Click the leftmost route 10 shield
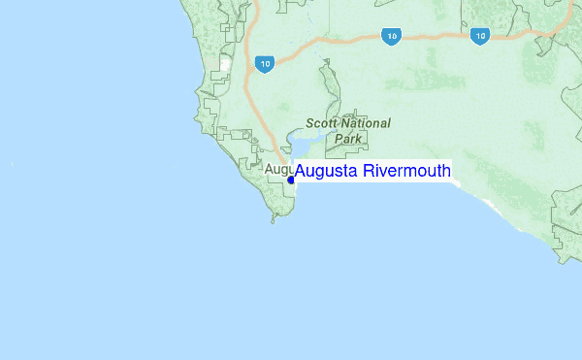(x=264, y=64)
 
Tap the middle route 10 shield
(x=391, y=36)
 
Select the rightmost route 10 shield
(x=479, y=36)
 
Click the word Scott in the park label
(x=323, y=123)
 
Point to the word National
(x=368, y=123)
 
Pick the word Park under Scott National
(x=347, y=139)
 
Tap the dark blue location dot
(x=290, y=179)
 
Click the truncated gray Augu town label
(x=278, y=170)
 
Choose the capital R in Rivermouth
(x=369, y=172)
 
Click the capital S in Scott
(x=309, y=123)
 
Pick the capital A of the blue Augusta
(x=301, y=172)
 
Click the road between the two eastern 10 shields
(x=435, y=35)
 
